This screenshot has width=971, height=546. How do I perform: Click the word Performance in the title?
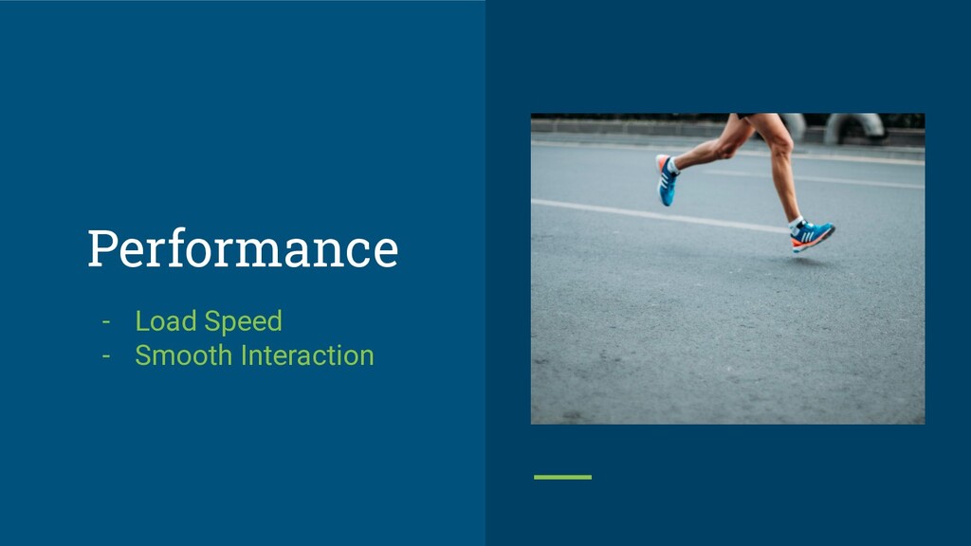click(243, 249)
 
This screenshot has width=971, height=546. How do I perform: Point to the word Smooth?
click(184, 355)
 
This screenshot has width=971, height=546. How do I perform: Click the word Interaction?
click(308, 355)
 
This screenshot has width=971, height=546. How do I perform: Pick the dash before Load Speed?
click(106, 322)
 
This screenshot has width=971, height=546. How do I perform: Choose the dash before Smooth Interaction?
click(106, 356)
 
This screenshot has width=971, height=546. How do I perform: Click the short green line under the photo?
click(562, 478)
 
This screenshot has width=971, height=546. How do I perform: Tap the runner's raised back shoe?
click(666, 180)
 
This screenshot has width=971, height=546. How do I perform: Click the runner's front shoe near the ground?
click(812, 236)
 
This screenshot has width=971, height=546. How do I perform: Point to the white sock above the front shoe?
click(796, 223)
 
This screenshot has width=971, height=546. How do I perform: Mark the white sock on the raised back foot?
click(673, 166)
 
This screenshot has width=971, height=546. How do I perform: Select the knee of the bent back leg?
click(724, 149)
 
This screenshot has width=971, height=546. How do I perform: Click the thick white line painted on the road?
click(660, 215)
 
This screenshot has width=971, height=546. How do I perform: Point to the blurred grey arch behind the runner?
click(854, 126)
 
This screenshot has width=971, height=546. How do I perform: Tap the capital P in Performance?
click(102, 249)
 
